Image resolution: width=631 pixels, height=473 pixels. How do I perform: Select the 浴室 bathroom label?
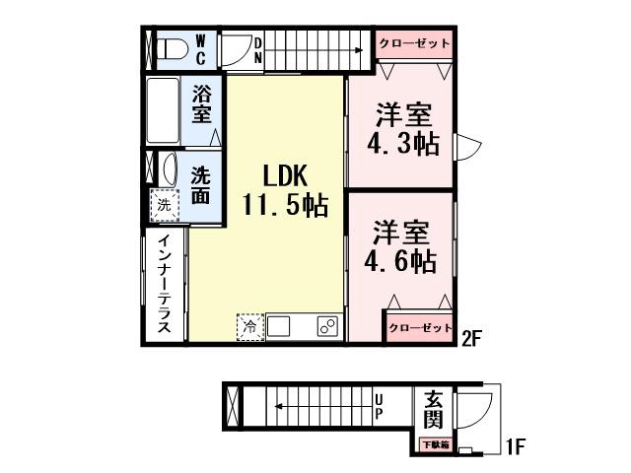coord(202,103)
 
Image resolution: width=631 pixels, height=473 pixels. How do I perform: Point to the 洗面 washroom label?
coord(201,184)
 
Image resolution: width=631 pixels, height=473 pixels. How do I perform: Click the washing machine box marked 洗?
coord(164,207)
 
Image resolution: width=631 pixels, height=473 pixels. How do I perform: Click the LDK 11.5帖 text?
coord(286,191)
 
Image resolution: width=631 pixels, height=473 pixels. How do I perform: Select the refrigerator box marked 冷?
coord(250,326)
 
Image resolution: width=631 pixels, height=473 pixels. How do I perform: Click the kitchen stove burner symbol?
coord(326,326)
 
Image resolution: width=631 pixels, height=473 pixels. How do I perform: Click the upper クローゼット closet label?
coord(412,44)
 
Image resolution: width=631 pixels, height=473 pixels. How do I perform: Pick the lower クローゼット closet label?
coord(418,327)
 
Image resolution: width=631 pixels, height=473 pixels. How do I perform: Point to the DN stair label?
coord(258,50)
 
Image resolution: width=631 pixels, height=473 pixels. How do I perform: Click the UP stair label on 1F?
coord(379,406)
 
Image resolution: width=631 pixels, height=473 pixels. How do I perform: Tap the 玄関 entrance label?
coord(434,410)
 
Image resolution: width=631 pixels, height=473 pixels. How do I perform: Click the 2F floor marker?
coord(470,340)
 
